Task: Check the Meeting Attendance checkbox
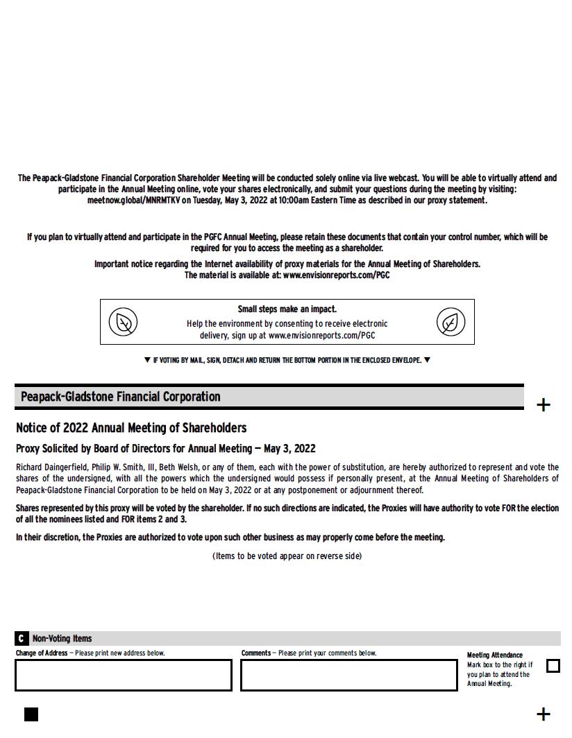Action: [553, 666]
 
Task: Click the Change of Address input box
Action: [124, 675]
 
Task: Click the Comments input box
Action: [349, 675]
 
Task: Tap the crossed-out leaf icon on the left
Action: [123, 322]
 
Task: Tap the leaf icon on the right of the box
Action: [451, 322]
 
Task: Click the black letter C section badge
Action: [22, 638]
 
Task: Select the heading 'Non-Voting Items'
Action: [62, 638]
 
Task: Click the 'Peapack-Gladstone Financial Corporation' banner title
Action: [120, 397]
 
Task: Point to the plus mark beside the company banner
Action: [544, 405]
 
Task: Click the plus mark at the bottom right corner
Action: [544, 714]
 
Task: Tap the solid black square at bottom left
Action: [31, 714]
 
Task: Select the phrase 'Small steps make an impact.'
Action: [287, 309]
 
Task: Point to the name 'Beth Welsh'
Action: [178, 467]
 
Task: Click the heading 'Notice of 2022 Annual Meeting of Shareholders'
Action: [131, 428]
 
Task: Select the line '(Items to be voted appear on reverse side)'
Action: [287, 556]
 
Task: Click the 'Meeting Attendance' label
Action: [494, 655]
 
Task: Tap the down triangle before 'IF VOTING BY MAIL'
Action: [147, 360]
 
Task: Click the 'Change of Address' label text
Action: [42, 653]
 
